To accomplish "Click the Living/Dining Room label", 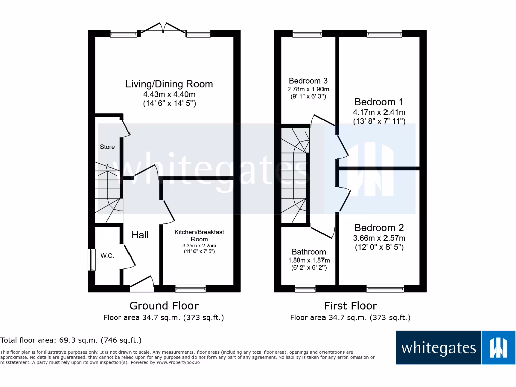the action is pos(169,84).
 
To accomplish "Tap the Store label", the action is pos(107,147).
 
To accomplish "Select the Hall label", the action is pos(140,235).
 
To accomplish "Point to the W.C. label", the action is pos(107,255).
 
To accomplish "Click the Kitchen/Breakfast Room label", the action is pos(200,236).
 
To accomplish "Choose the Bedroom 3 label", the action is pos(308,81).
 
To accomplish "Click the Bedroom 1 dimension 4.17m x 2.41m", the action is pos(379,112).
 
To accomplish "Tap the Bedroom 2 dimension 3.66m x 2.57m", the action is pos(379,238).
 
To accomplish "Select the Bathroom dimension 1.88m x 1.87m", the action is pos(309,260).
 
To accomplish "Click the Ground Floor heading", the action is pos(164,306).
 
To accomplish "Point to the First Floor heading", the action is pos(351,306).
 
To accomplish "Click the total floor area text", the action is pos(71,340).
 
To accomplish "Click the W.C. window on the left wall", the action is pos(92,260).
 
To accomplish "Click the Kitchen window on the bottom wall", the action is pos(190,289).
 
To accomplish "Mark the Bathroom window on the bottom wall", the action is pos(305,289).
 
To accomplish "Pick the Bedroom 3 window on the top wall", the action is pos(307,34).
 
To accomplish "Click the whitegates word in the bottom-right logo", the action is pos(439,348).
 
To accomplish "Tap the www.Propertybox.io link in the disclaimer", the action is pos(178,362).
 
